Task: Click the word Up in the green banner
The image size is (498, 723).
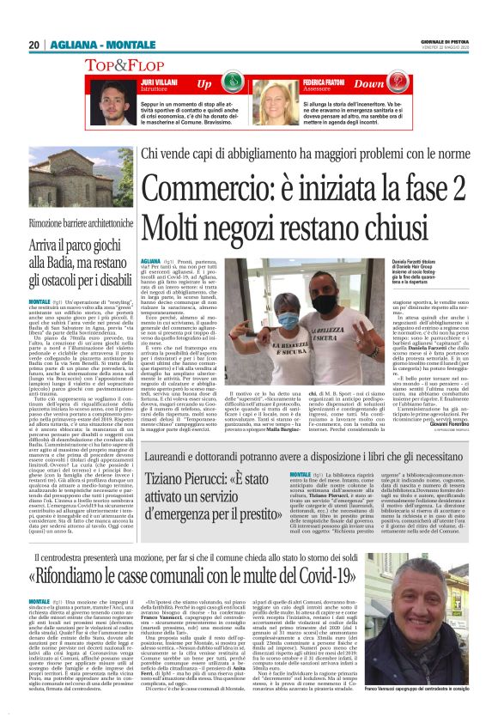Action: [x=204, y=84]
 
